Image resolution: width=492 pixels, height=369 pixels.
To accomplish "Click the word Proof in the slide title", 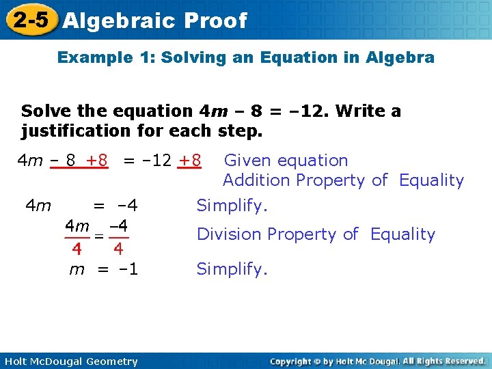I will (x=215, y=20).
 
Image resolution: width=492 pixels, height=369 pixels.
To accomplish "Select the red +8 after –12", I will (x=189, y=161).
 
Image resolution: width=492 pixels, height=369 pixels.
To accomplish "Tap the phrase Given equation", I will (x=286, y=161).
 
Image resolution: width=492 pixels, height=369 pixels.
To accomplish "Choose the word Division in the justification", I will (x=229, y=234).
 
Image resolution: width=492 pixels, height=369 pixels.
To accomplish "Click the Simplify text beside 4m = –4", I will (x=232, y=205).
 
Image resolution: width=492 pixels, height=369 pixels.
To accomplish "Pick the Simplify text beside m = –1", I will (x=232, y=269).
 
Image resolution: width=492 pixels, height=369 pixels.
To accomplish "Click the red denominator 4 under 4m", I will (x=77, y=247).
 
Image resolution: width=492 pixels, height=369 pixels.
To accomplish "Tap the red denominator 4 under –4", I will (x=118, y=247).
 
